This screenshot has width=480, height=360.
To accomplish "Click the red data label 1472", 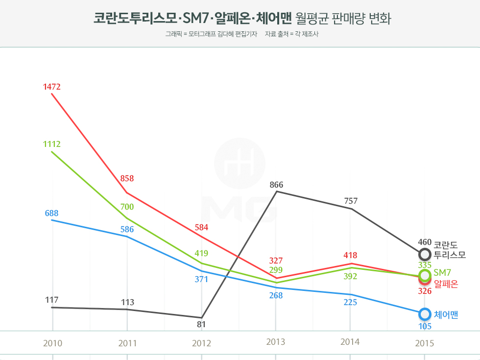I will click(51, 87).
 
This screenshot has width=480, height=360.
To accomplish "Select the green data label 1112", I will click(51, 144).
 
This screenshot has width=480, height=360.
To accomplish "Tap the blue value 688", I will click(51, 213).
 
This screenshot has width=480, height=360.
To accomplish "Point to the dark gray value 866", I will click(276, 185).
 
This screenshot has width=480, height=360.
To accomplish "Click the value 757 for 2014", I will click(351, 201).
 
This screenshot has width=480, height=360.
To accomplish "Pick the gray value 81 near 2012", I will click(201, 324).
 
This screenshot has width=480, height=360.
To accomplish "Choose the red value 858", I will click(127, 178).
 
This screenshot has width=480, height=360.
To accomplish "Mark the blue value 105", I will click(425, 326).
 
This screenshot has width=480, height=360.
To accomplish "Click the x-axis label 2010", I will click(52, 343).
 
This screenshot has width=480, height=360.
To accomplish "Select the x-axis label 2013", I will click(276, 343).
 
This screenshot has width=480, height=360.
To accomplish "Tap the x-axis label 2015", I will click(425, 343).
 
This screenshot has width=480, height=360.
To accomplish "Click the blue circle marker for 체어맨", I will click(425, 313).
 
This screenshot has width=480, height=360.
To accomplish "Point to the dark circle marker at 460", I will click(425, 254).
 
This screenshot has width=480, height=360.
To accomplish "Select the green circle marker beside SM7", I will click(425, 274).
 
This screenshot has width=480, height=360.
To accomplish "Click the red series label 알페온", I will click(446, 284).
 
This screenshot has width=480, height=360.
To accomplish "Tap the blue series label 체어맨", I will click(446, 314).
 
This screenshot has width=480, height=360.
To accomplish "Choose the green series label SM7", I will click(442, 273).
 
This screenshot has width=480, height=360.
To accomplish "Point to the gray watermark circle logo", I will click(240, 163).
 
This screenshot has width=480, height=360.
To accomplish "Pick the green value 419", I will click(201, 253).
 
